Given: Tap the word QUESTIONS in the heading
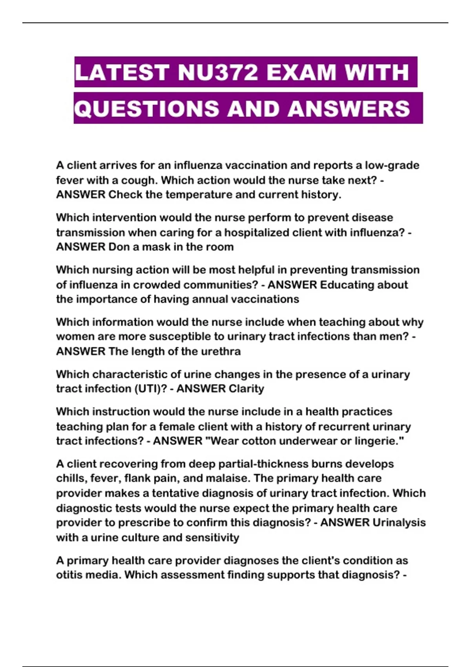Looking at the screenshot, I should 146,108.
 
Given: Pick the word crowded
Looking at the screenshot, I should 157,284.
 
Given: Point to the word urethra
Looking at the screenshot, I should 221,351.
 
